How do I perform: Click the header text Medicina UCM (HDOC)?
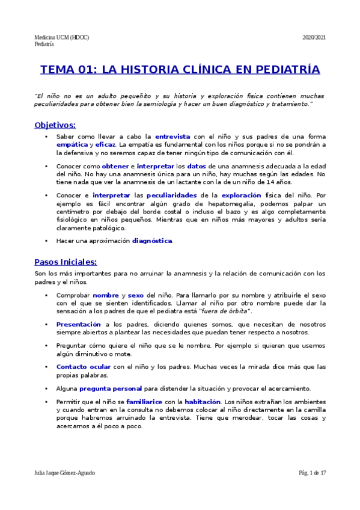click(62, 37)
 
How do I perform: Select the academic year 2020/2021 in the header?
click(314, 37)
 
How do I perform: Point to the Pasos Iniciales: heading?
click(66, 262)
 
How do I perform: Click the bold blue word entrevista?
click(172, 137)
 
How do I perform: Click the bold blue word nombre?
click(105, 295)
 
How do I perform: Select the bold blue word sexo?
click(136, 295)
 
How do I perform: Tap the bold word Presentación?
click(78, 324)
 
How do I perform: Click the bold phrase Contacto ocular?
click(84, 366)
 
